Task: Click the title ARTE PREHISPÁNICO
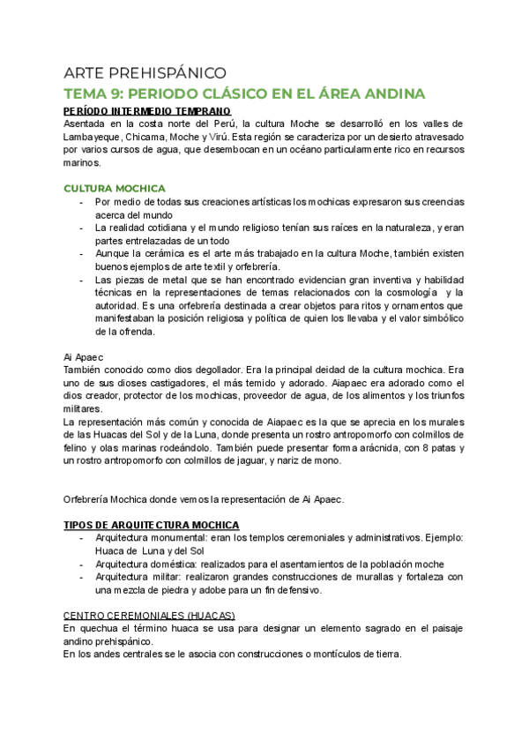pyautogui.click(x=145, y=72)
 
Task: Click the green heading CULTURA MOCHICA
pyautogui.click(x=115, y=188)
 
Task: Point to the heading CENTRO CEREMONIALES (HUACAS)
pyautogui.click(x=149, y=614)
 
